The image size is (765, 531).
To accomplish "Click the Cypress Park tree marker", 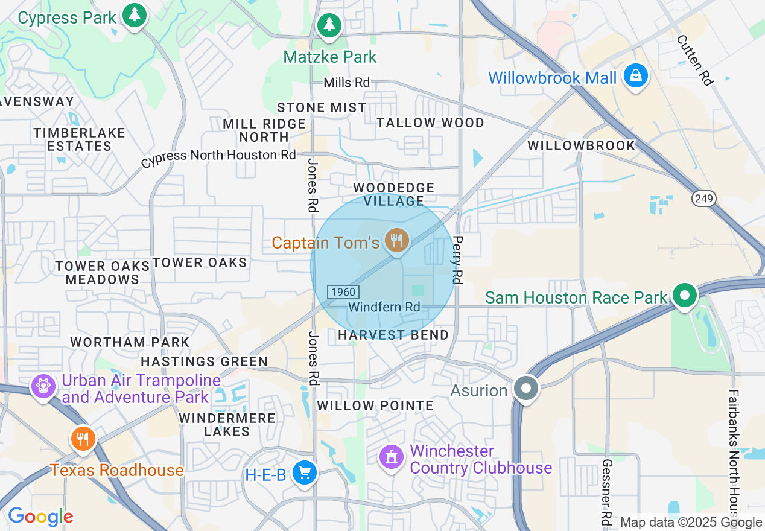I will [x=134, y=15].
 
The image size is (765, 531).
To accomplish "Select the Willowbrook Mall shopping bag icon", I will [x=635, y=76].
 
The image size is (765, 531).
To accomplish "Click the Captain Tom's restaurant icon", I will [x=396, y=241].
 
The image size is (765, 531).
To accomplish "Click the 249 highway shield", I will [x=703, y=198].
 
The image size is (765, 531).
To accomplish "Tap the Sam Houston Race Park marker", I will [x=685, y=296].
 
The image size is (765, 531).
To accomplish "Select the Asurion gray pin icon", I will [x=526, y=388].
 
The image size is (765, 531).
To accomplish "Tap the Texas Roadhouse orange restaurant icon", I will [x=83, y=439].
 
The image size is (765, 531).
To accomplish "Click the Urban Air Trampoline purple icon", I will [x=43, y=385].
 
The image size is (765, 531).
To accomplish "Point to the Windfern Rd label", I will [x=384, y=307].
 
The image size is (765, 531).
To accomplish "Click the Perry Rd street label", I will [x=457, y=260].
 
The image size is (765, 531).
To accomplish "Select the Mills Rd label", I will [x=346, y=83].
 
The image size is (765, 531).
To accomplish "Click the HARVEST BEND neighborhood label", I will [x=393, y=335].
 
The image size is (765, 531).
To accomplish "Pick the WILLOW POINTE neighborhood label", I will [x=375, y=405].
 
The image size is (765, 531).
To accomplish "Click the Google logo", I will [x=40, y=517].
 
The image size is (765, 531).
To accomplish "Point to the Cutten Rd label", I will [x=694, y=59].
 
